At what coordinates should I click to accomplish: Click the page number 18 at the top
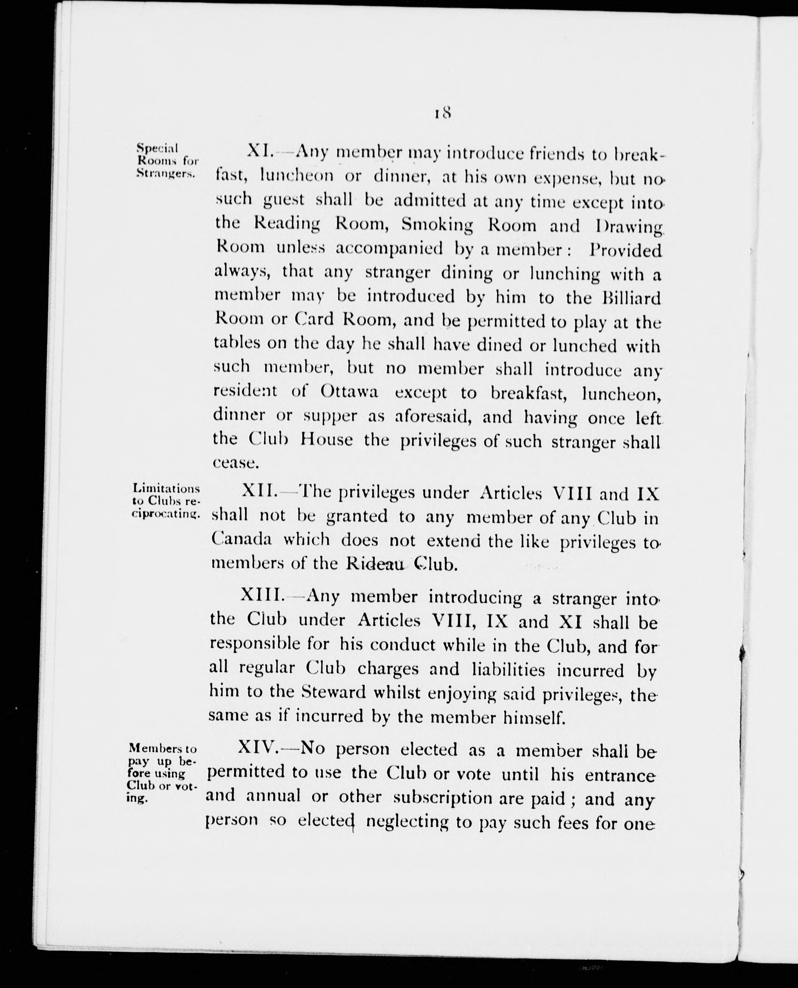[x=442, y=113]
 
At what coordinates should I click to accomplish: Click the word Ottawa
[x=349, y=392]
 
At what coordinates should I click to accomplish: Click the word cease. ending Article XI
[x=236, y=463]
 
